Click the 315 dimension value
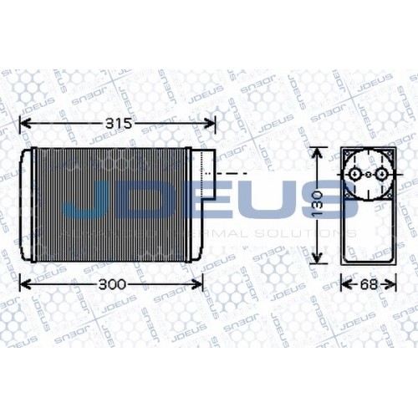(117, 125)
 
